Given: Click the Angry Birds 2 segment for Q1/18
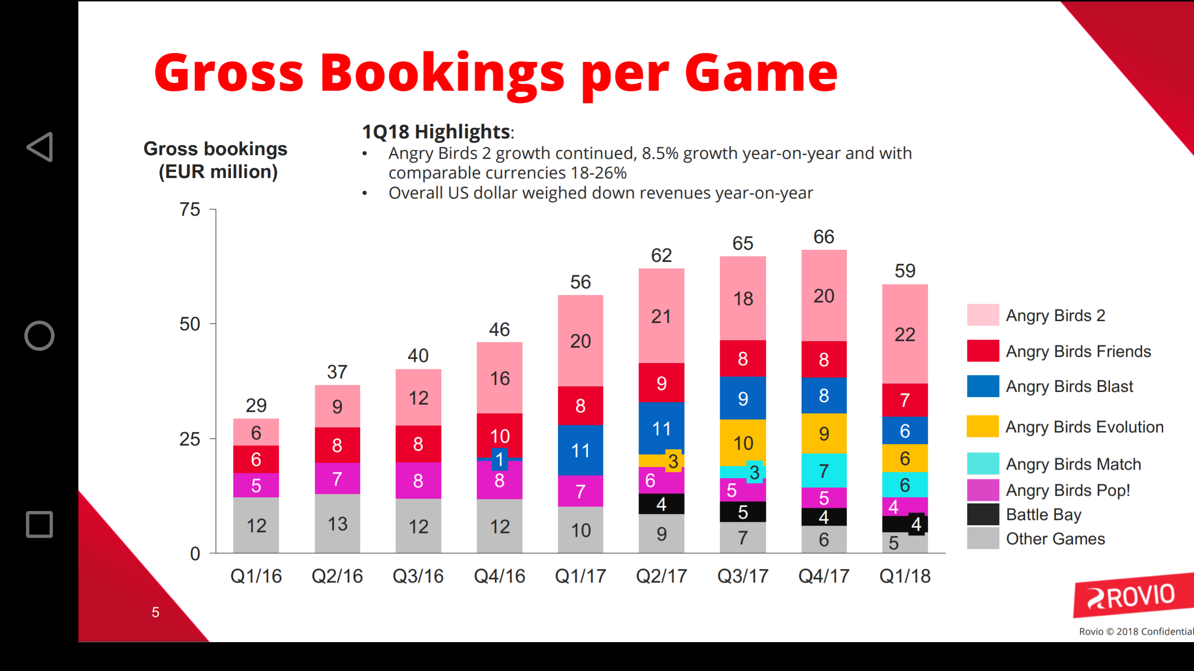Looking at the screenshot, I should [905, 334].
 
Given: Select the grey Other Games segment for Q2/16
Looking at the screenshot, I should [337, 523].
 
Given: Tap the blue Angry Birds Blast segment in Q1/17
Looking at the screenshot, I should [580, 450].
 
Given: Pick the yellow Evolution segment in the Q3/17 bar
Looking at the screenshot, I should [743, 442].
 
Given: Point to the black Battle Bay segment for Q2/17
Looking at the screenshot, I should [661, 504].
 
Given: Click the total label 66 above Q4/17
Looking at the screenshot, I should [824, 237].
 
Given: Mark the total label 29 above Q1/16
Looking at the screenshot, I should [256, 405].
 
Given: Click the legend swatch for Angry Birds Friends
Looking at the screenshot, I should [983, 351].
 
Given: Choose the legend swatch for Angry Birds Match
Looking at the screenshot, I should [983, 464].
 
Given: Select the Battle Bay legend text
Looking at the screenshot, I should [1043, 514].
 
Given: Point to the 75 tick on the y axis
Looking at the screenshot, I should [190, 210].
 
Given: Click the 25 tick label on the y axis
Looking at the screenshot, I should [190, 439].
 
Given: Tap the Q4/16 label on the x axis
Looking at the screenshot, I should [499, 576].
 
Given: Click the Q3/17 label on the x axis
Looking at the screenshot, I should [743, 576].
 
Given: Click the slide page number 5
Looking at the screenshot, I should [155, 612].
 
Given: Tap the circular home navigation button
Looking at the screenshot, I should [40, 335].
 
